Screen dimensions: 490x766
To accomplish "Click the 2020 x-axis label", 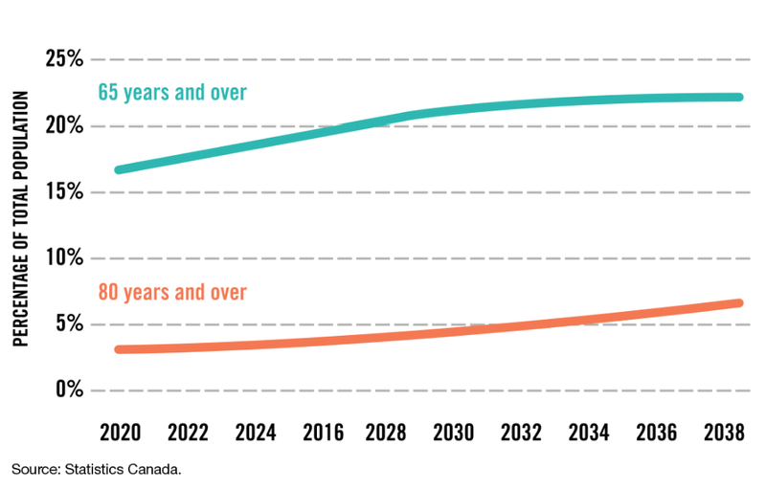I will coord(121,434).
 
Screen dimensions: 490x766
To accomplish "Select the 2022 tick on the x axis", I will coord(188,434).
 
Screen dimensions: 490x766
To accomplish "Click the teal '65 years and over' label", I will coord(172,94).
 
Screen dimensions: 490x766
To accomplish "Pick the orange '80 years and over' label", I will coord(172,293).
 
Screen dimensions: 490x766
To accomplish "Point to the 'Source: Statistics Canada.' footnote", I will coord(96,470).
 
